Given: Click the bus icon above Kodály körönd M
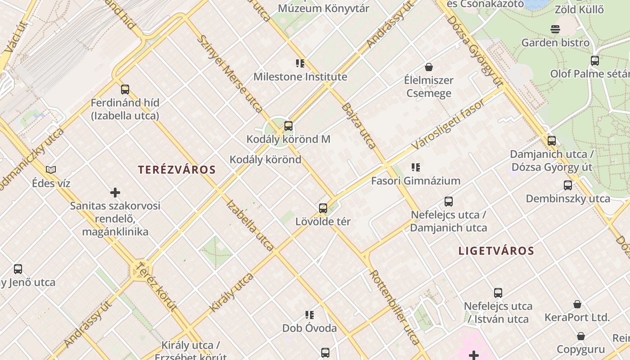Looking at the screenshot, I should click(288, 126).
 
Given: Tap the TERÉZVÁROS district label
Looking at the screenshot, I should click(177, 170).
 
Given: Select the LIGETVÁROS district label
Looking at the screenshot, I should click(496, 251).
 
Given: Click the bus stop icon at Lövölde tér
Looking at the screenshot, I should click(323, 208).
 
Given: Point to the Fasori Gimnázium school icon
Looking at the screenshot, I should click(416, 167).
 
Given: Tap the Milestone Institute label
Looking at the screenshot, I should click(300, 77).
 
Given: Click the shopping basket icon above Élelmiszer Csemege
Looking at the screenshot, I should click(429, 67).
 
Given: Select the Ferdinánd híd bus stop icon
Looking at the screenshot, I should click(125, 90).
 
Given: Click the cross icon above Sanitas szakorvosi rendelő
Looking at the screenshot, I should click(115, 193).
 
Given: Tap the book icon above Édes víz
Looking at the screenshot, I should click(51, 170).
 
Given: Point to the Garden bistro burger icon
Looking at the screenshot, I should click(555, 30).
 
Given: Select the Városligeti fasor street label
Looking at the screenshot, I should click(449, 124).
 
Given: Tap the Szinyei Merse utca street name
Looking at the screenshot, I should click(230, 74).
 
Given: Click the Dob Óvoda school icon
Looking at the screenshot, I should click(310, 315).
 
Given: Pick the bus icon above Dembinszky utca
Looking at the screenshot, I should click(568, 185).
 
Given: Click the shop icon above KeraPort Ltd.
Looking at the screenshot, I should click(577, 304).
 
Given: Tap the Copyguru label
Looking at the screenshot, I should click(580, 349).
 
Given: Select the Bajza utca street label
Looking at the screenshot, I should click(359, 126).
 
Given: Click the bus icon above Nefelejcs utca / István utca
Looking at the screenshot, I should click(498, 293).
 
